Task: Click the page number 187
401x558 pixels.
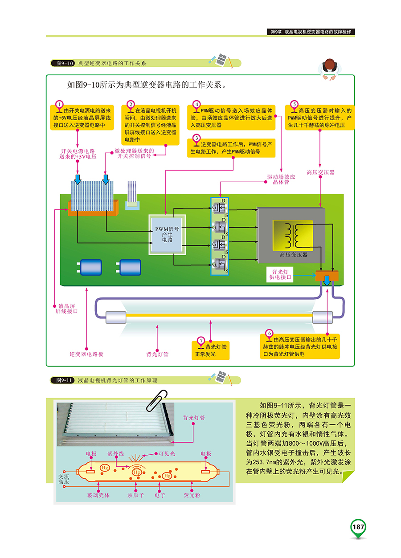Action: tap(358, 527)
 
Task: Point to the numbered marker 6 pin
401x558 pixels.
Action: tap(269, 333)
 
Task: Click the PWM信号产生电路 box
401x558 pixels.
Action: tap(167, 234)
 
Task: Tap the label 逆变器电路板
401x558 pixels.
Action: tap(86, 354)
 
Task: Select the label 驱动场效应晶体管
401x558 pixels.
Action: tap(281, 179)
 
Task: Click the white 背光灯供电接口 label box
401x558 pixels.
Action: tap(280, 274)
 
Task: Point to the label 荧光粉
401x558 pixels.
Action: tap(192, 495)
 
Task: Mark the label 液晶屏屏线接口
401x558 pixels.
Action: tap(68, 309)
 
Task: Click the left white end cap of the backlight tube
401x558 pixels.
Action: tap(113, 317)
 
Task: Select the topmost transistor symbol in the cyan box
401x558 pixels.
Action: tap(219, 208)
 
